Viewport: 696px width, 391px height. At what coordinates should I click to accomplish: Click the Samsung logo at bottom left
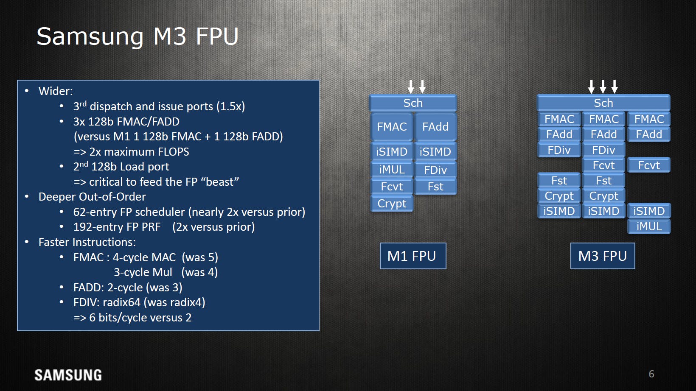(x=68, y=375)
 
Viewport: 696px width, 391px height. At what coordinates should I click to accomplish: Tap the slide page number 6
(x=651, y=374)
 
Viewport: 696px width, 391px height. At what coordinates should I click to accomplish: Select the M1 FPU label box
(x=413, y=256)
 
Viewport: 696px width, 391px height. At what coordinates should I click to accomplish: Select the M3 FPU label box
(x=603, y=256)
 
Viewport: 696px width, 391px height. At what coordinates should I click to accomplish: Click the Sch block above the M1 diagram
(x=413, y=103)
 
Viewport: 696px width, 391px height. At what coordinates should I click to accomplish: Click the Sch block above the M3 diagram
(x=603, y=103)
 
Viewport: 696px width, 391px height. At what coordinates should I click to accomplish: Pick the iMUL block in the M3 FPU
(x=649, y=226)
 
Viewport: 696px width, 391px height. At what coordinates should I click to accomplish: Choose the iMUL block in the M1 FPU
(x=392, y=170)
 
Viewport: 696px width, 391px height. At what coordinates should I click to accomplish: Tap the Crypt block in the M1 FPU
(x=392, y=204)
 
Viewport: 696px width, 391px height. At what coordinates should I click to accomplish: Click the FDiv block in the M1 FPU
(x=435, y=170)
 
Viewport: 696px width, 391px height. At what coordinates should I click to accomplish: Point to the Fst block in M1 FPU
(x=435, y=186)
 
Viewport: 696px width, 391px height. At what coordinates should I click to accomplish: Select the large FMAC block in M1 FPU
(x=392, y=127)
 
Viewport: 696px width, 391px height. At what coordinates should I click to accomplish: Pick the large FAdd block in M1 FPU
(x=435, y=127)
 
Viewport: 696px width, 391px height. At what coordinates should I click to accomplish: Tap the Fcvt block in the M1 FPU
(x=392, y=186)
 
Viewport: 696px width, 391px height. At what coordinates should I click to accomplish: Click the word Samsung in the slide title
(x=90, y=37)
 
